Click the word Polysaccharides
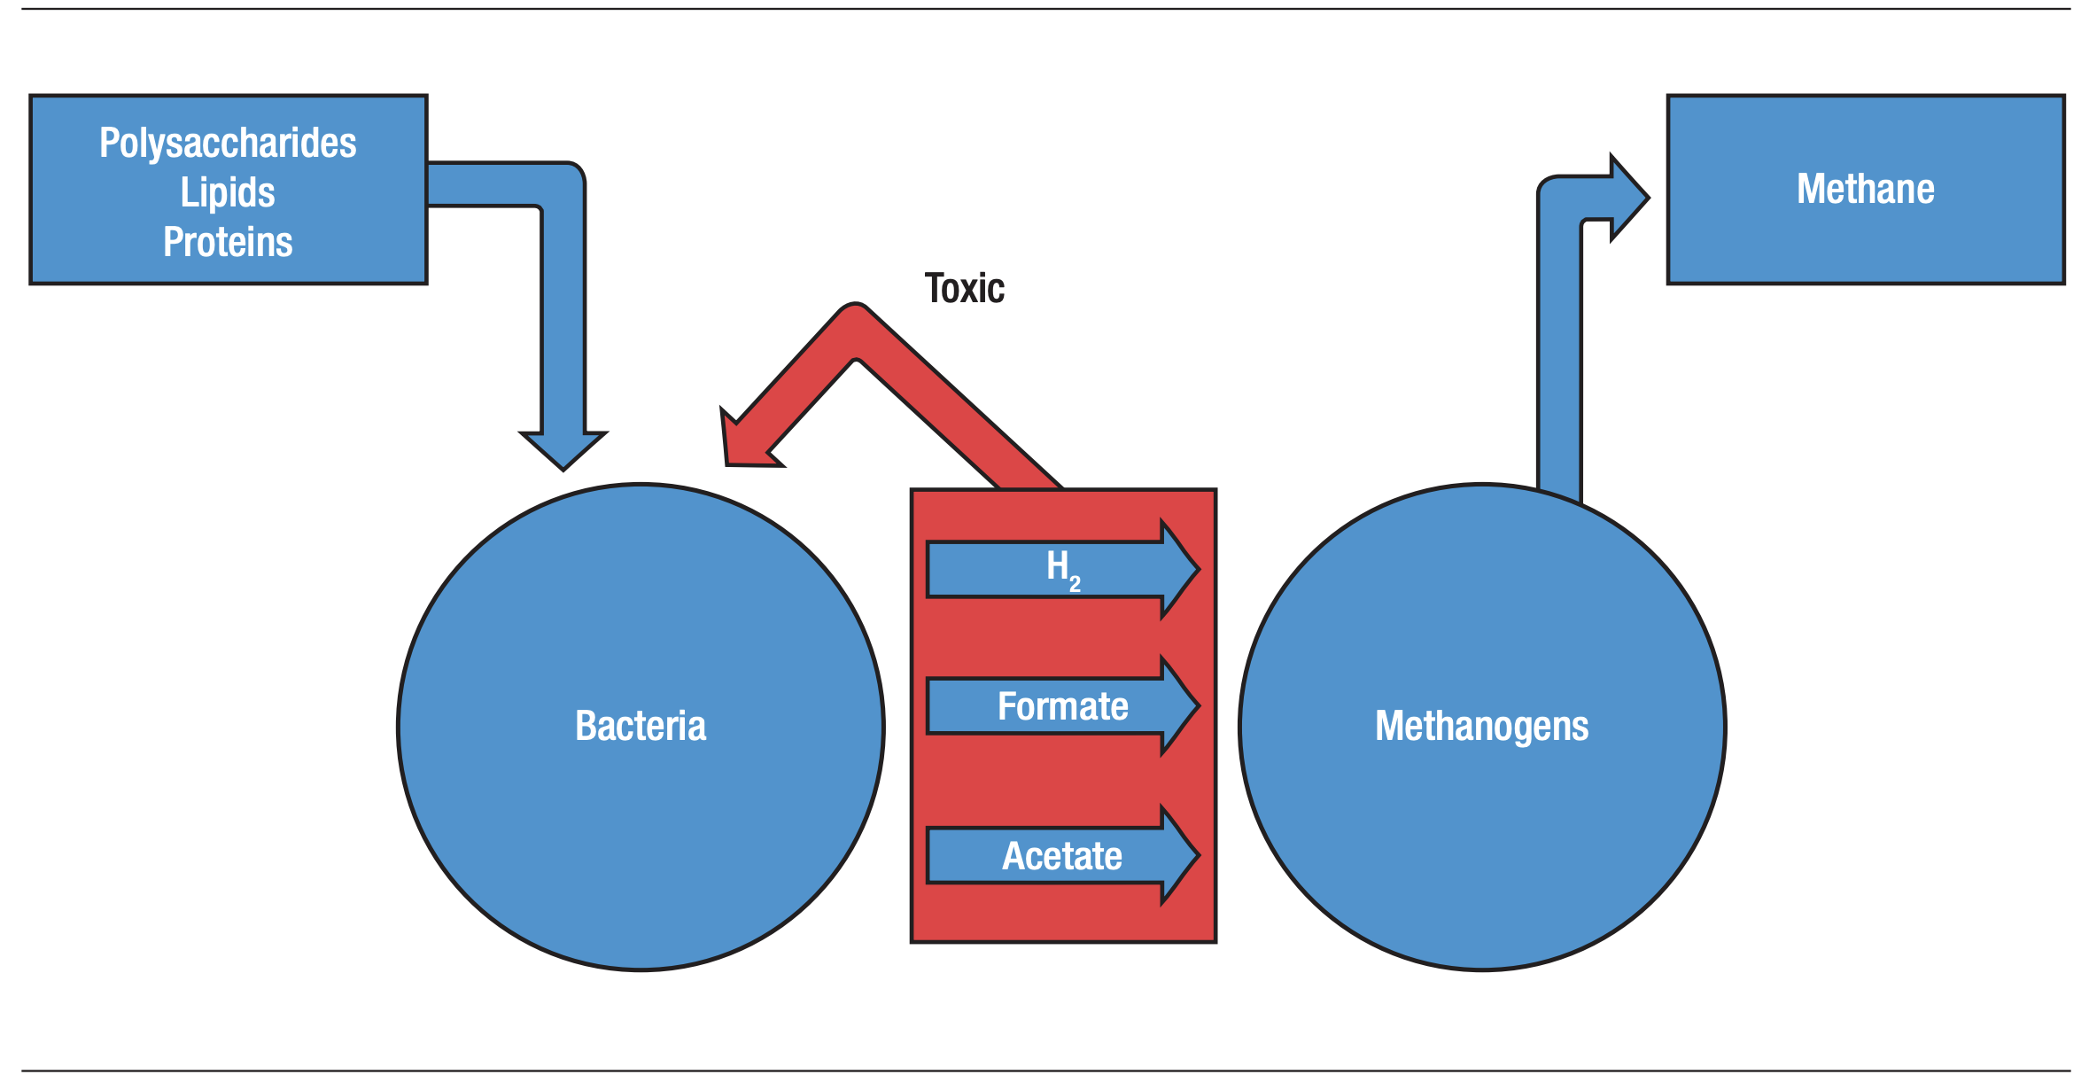[228, 144]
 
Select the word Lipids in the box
[228, 192]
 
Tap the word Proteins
[228, 242]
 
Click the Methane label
[1865, 189]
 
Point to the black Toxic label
[964, 289]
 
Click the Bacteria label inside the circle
[641, 726]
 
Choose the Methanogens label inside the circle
[1481, 726]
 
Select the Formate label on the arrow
[1062, 706]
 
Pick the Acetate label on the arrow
[1062, 856]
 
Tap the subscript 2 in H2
[1075, 584]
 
